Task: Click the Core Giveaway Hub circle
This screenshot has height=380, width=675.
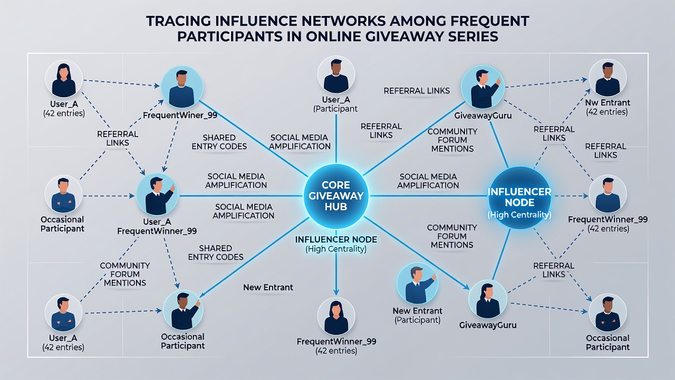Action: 336,196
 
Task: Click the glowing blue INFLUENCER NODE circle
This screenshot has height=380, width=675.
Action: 519,198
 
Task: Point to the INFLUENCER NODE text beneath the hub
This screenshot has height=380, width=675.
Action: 336,240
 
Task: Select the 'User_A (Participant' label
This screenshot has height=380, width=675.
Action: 335,104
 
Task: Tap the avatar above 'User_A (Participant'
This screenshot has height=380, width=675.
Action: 336,74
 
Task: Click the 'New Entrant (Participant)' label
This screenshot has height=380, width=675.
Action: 417,316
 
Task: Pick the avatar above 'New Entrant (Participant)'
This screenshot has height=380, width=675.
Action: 417,283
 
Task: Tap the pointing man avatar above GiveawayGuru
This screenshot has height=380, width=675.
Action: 483,88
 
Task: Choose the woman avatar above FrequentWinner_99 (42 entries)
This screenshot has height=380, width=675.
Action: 336,316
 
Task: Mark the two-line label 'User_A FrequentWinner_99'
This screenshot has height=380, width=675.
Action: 157,226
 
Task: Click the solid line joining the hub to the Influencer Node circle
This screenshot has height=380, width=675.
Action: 428,196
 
